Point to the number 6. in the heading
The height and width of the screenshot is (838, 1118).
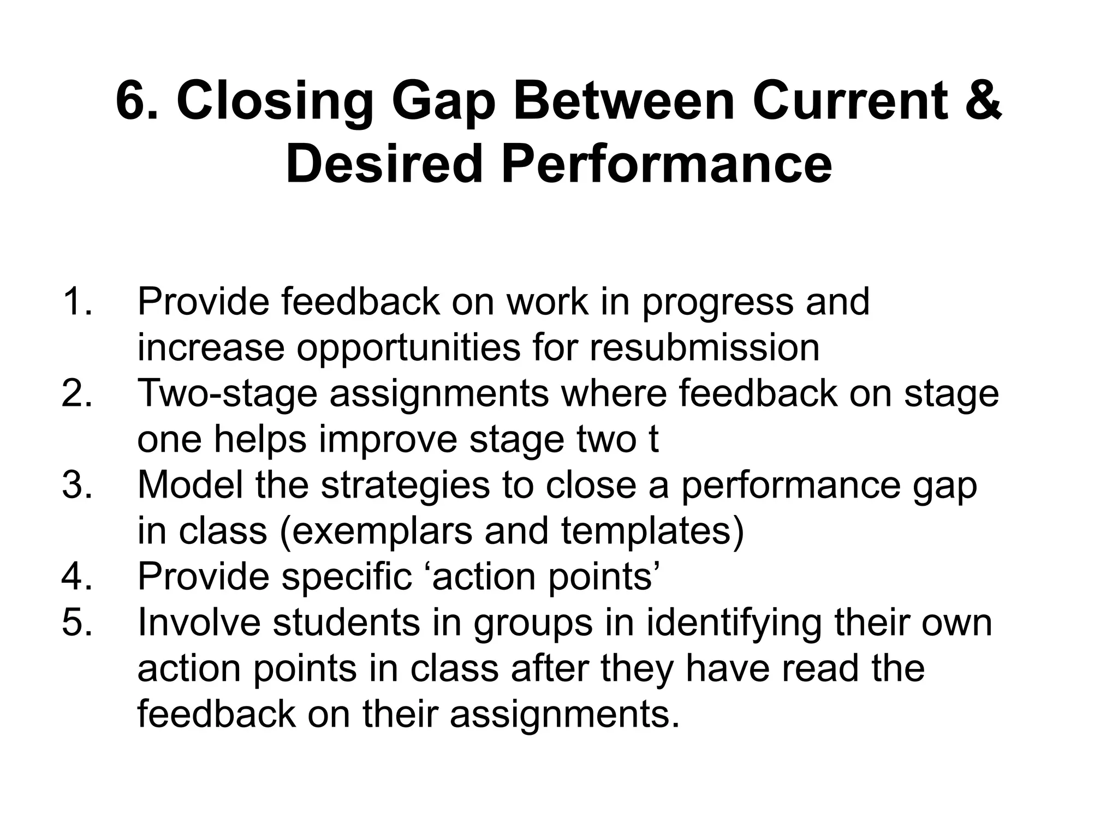coord(138,101)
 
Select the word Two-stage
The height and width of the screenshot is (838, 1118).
coord(227,393)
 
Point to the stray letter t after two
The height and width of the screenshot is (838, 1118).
coord(653,439)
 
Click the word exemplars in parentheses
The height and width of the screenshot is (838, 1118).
coord(382,531)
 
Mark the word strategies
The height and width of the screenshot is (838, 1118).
coord(405,485)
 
